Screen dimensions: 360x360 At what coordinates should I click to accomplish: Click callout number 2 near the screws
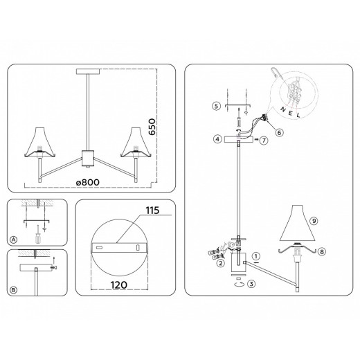click(x=220, y=264)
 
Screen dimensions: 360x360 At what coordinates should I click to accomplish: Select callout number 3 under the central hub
click(x=253, y=283)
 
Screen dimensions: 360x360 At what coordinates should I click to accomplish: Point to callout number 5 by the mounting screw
click(x=216, y=106)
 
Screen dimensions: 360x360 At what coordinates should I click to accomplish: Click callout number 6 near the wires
click(x=280, y=132)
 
